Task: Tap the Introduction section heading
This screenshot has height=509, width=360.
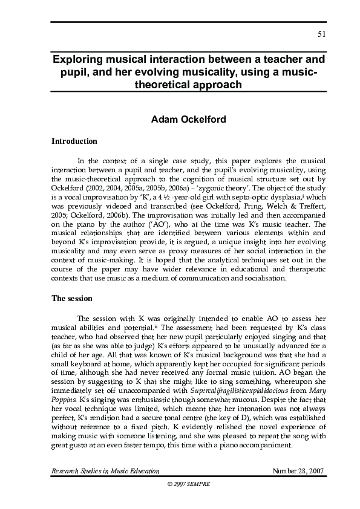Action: coord(74,141)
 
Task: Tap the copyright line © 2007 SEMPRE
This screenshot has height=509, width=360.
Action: coord(180,484)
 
